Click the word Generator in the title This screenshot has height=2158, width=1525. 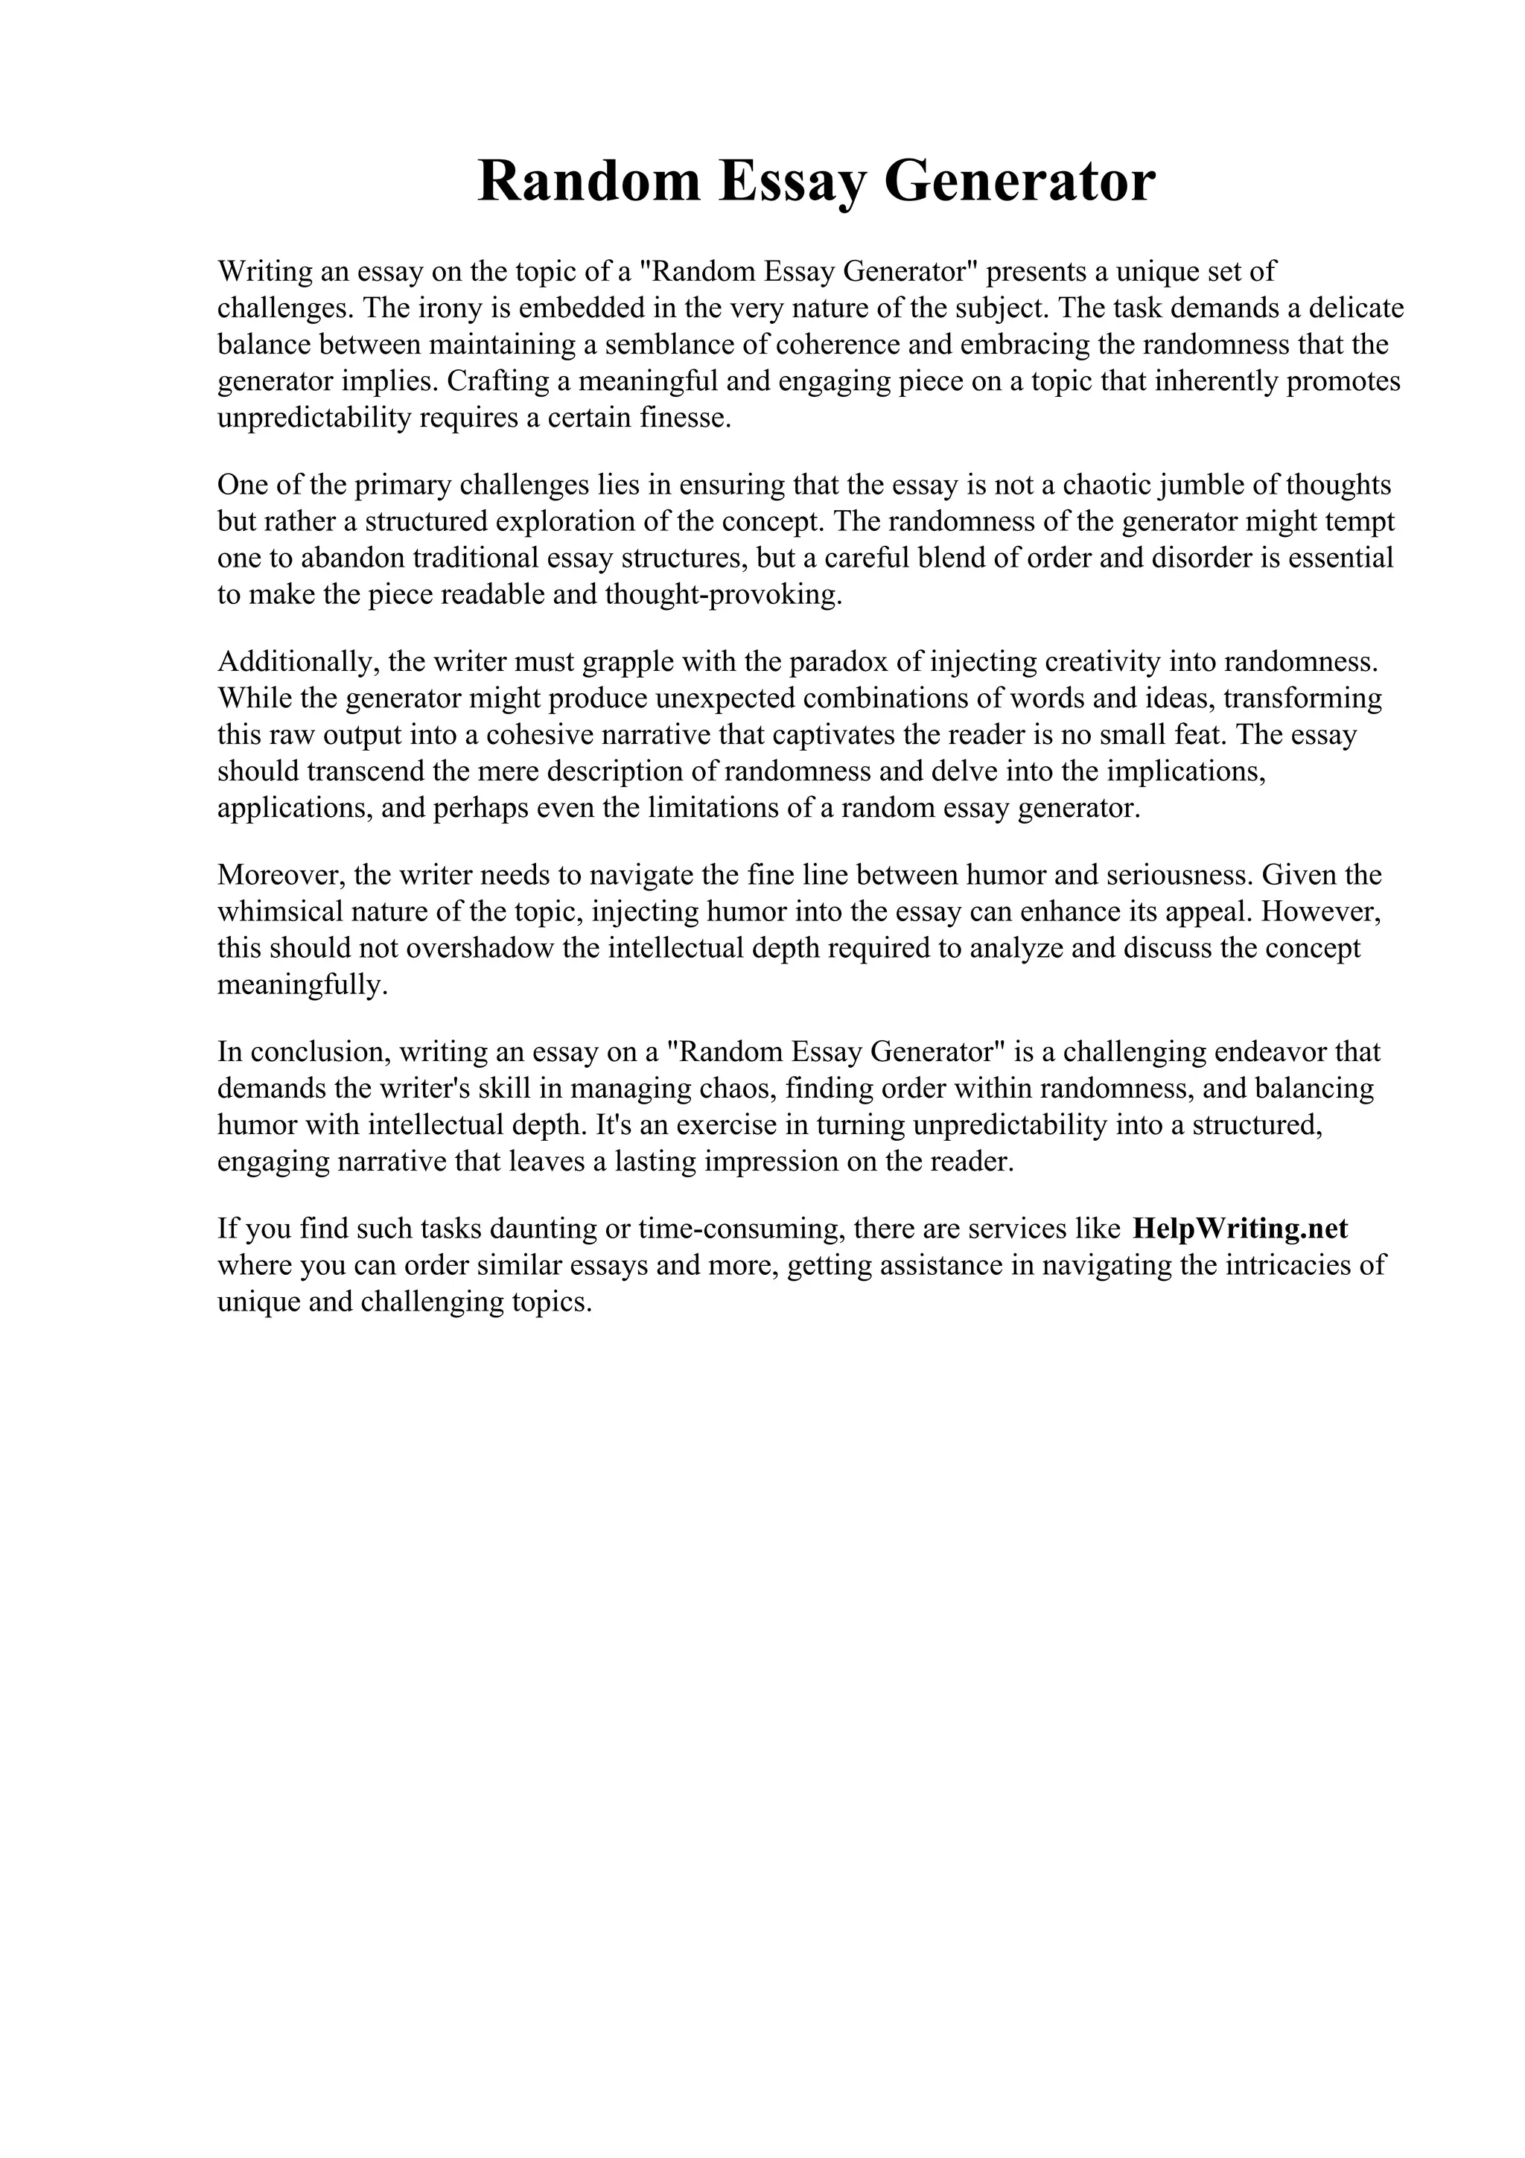click(x=1019, y=182)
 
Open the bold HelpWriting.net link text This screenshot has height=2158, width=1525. click(x=1241, y=1227)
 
